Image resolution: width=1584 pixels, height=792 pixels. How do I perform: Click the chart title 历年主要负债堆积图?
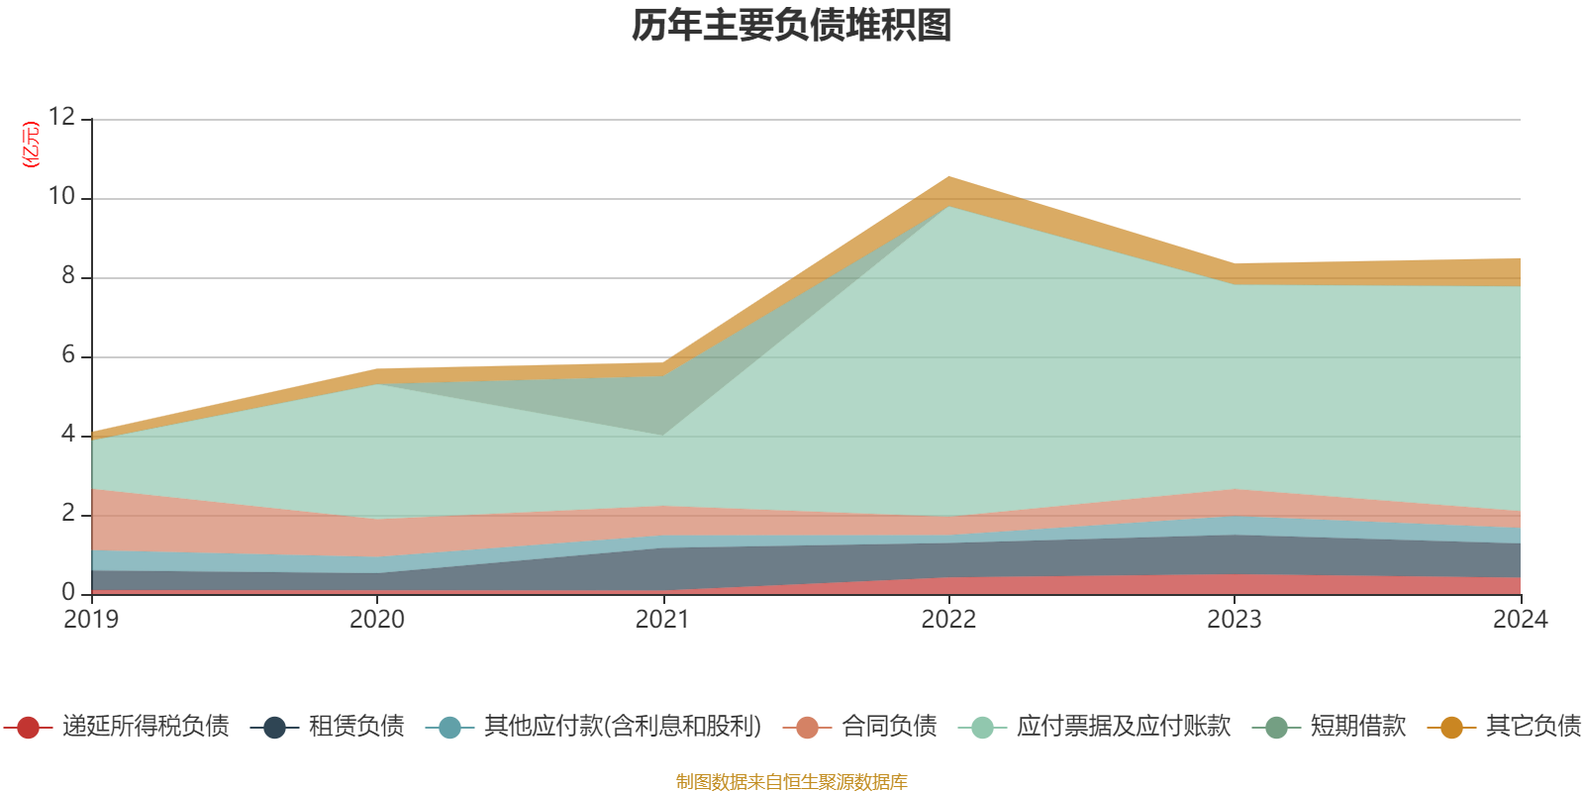coord(792,26)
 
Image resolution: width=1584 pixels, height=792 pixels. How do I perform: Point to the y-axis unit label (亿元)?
coord(32,145)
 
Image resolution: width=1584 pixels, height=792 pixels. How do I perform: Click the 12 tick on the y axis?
coord(61,117)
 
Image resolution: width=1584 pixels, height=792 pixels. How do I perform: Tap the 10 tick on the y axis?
coord(61,196)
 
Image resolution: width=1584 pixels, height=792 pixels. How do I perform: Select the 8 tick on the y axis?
coord(67,275)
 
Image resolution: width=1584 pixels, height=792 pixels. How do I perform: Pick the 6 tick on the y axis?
coord(67,354)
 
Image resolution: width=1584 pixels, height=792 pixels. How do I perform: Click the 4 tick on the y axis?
coord(67,434)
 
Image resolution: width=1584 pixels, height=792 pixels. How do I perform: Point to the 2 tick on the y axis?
coord(67,513)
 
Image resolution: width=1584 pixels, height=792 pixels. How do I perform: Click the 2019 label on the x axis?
coord(91,620)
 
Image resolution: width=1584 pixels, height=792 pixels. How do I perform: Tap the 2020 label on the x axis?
coord(377,620)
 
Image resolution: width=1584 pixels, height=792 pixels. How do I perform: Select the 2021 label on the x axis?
coord(662,620)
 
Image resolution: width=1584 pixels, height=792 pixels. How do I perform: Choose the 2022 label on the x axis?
coord(948,620)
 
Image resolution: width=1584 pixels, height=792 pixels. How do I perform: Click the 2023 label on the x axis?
coord(1234,620)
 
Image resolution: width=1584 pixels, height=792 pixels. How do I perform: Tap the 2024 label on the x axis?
coord(1520,620)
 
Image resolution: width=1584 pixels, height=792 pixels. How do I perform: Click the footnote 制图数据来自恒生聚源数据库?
coord(792,782)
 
